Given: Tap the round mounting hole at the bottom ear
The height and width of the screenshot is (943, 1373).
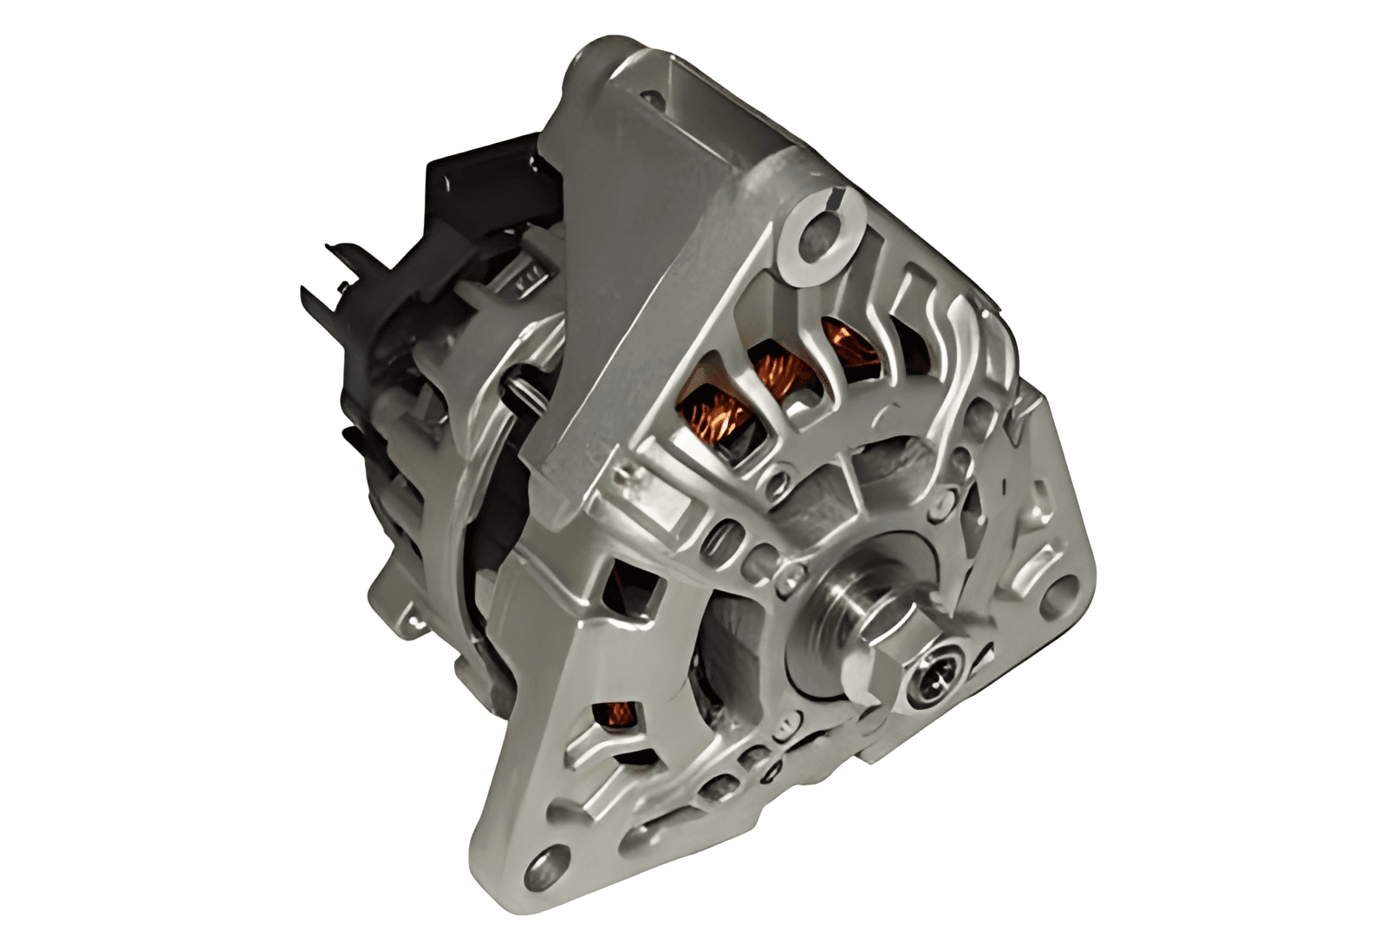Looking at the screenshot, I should click(543, 863).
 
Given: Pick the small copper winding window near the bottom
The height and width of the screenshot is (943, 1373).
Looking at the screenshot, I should click(619, 713).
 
